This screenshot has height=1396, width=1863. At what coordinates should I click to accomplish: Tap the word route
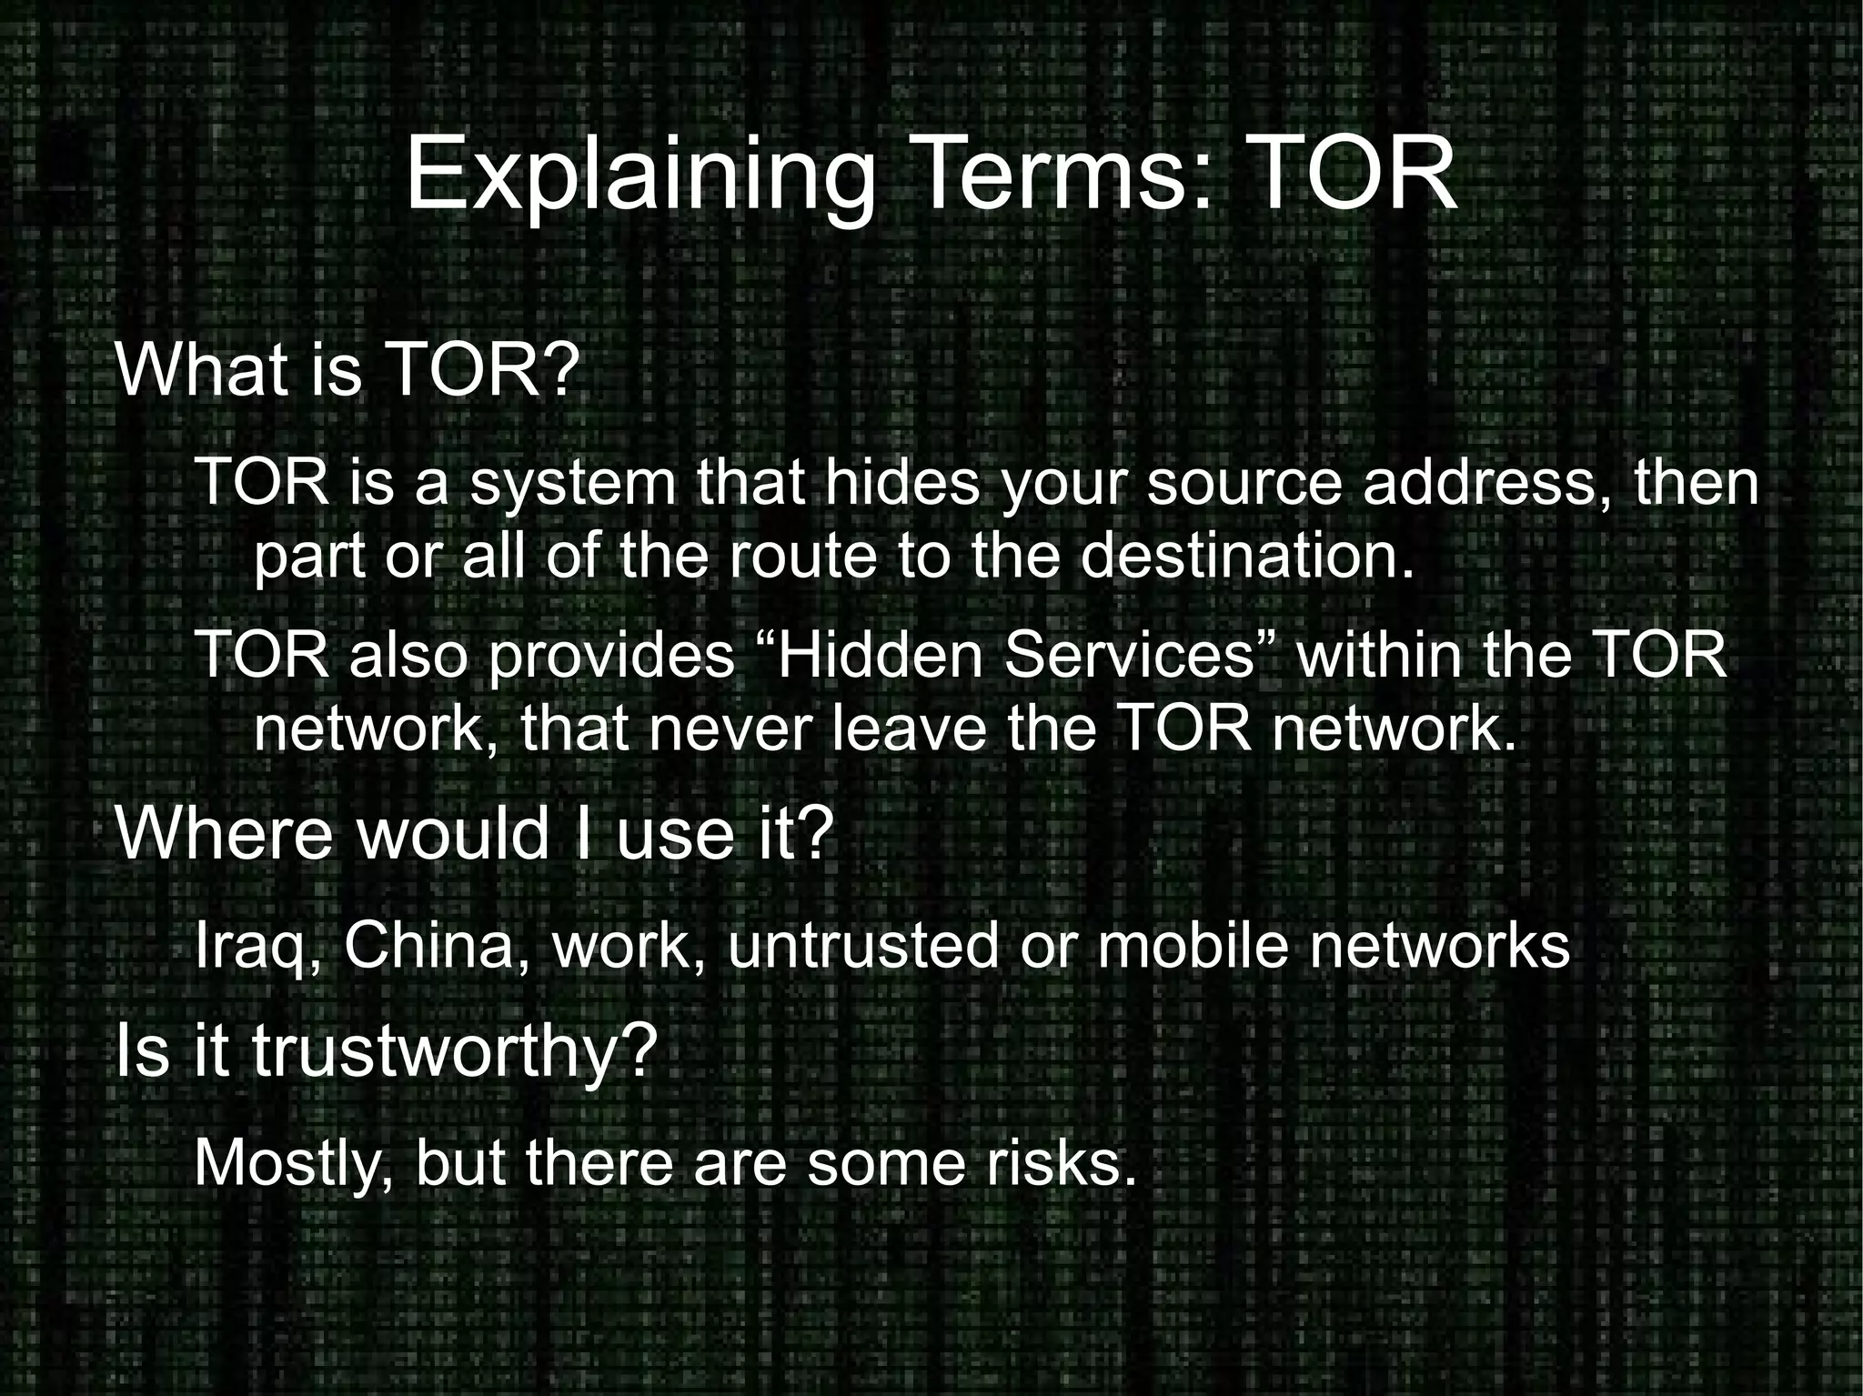(801, 556)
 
